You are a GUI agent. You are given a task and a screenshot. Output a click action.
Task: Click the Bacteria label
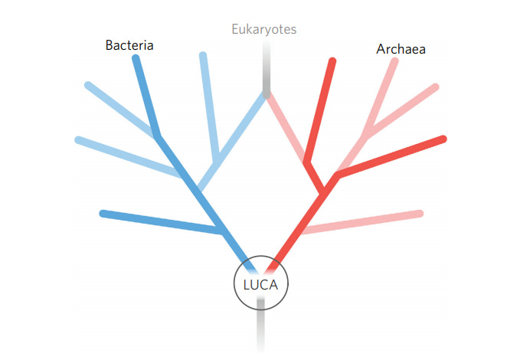129,45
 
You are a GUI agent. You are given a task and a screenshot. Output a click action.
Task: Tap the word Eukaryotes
264,30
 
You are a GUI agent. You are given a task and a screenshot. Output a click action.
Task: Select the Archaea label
401,49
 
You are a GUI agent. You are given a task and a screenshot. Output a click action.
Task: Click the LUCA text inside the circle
260,285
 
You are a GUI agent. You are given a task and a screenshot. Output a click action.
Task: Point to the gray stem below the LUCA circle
260,326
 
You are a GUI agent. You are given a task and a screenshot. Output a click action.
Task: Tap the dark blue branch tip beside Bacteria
136,58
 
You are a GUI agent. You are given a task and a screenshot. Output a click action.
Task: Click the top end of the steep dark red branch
332,61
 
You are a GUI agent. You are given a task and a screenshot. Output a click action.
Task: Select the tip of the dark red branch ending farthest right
443,139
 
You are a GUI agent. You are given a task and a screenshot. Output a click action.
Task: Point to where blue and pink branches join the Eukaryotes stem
266,94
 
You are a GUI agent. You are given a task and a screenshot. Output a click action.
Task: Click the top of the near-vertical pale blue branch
203,56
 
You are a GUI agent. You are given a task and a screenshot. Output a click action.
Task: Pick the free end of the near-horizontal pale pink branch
420,212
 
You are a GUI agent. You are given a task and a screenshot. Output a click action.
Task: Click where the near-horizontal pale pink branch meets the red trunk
303,229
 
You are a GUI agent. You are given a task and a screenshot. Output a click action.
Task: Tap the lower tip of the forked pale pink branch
435,87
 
